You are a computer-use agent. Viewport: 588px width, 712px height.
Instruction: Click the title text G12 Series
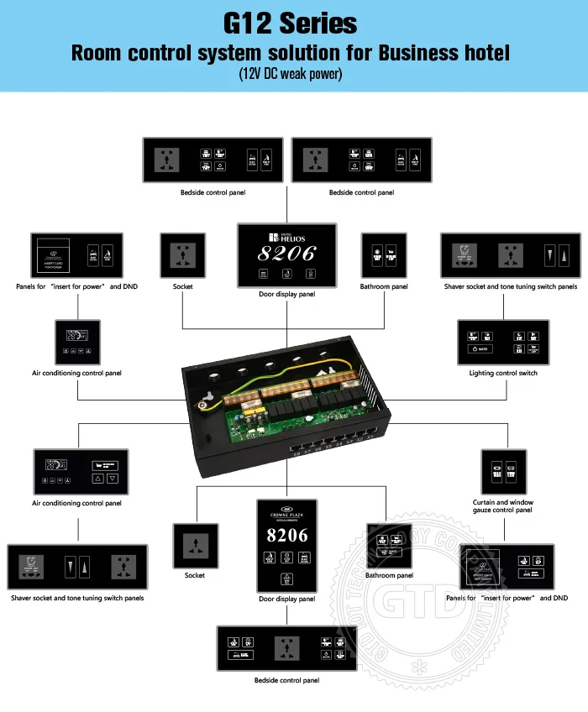coord(291,23)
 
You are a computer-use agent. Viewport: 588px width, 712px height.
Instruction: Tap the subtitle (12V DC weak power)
coord(291,74)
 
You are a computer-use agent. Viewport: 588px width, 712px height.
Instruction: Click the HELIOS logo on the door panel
coord(286,238)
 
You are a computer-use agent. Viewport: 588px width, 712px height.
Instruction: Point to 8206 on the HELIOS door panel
coord(286,254)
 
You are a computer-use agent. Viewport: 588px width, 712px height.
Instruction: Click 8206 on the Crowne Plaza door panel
coord(286,535)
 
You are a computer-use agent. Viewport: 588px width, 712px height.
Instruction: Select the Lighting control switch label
coord(504,373)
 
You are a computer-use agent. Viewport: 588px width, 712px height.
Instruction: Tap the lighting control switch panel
coord(503,342)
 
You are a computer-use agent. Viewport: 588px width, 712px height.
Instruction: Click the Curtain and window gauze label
coord(503,505)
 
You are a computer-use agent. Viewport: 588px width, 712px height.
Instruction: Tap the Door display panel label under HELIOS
coord(286,295)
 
